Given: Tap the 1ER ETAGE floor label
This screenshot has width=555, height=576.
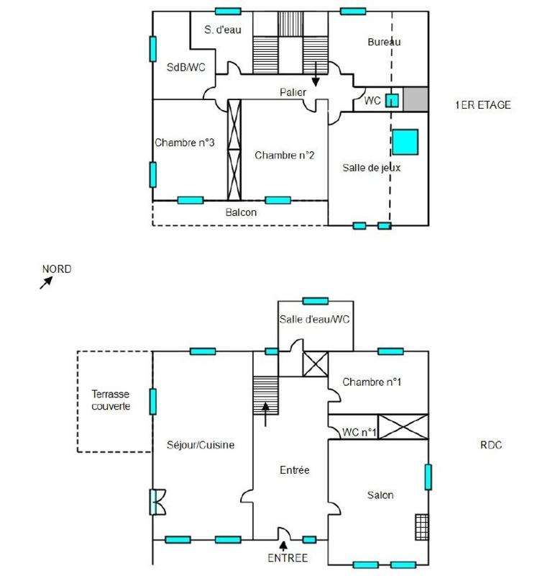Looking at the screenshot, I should tap(482, 105).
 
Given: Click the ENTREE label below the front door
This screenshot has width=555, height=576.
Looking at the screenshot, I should tap(288, 558).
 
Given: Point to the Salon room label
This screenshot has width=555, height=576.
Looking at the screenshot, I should tap(380, 495).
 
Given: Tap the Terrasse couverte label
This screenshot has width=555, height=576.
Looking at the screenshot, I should tap(111, 400).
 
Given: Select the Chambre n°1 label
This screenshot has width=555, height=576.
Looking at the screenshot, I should tap(371, 382).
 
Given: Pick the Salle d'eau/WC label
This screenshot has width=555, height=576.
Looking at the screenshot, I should tap(314, 320).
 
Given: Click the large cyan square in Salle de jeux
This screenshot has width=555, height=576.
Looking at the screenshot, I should tap(405, 141).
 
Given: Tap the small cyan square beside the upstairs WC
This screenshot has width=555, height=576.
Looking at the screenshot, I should tap(393, 100).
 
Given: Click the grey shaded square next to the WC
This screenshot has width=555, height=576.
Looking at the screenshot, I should tap(416, 99).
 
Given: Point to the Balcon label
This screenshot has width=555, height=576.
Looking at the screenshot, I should tap(241, 212).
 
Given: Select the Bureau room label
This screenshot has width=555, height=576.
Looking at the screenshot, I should tap(384, 42).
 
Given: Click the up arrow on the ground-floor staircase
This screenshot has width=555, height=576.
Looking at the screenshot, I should tap(266, 413).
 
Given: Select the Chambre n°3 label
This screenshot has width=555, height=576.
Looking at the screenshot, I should tap(185, 143).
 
